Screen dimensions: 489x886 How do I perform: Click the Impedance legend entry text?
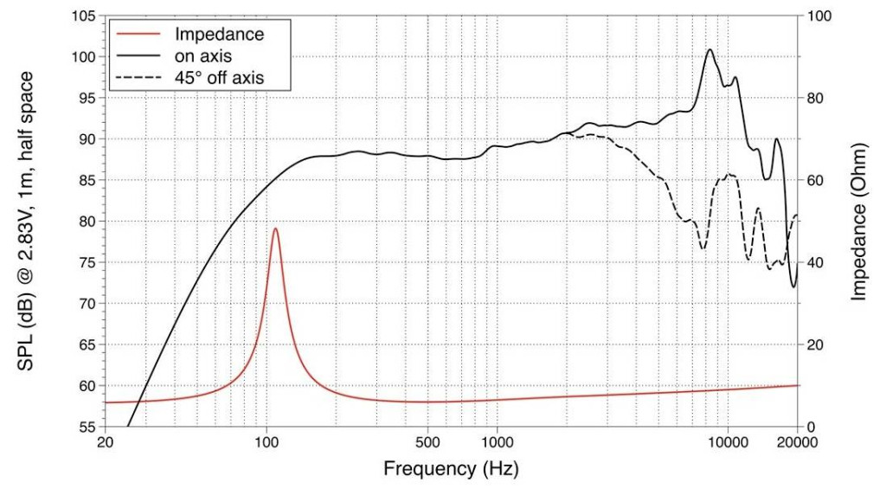[x=219, y=35]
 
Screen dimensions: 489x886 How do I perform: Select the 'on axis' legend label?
[x=204, y=56]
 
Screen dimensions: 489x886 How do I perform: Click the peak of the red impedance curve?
[x=275, y=228]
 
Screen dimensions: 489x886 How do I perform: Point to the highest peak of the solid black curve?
[x=709, y=49]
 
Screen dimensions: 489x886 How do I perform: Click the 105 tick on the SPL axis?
[x=83, y=16]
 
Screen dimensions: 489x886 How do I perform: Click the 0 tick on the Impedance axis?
[x=812, y=428]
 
